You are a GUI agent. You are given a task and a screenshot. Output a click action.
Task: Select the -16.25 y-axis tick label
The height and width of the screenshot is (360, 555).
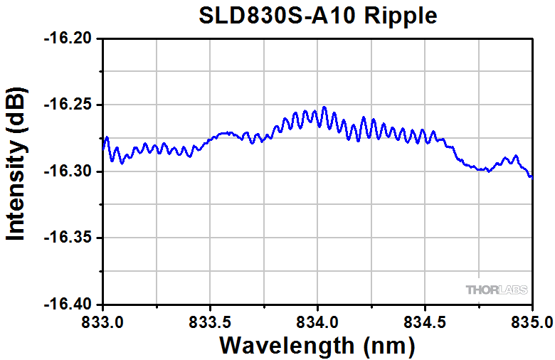pos(70,105)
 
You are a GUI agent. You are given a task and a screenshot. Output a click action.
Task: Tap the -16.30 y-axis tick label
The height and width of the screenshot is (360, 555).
pos(70,171)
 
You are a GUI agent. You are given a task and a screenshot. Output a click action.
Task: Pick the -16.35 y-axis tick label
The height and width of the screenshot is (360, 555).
pos(70,238)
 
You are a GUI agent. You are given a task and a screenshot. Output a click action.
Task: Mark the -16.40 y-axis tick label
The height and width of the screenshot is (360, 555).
pos(70,305)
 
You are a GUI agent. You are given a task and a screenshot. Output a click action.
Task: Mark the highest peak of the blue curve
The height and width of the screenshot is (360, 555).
pos(324,107)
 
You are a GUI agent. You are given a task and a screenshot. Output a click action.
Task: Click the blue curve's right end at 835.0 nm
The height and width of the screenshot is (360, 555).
pos(532,177)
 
